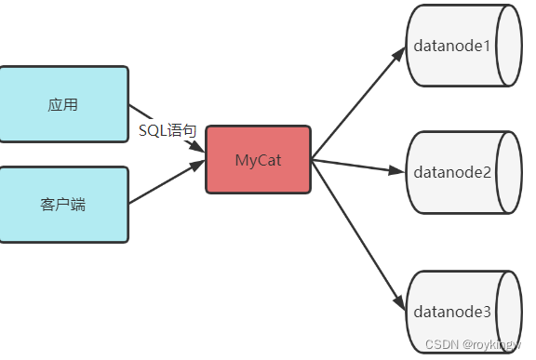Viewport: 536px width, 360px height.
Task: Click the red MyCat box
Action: coord(258,160)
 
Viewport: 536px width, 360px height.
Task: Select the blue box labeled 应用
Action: coord(63,104)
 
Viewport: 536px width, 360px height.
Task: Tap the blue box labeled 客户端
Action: coord(63,205)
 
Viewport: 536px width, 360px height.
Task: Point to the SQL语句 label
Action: coord(167,131)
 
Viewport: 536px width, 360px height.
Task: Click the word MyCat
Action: coord(258,160)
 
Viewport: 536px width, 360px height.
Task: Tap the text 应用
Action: coord(63,104)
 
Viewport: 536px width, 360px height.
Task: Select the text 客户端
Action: coord(63,205)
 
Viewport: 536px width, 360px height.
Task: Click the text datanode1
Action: coord(451,47)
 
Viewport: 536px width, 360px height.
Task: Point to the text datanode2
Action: coord(451,172)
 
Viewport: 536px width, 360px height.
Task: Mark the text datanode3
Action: coord(451,310)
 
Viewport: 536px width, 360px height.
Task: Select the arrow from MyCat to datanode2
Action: coord(358,166)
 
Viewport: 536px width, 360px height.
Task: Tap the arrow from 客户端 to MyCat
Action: coord(166,182)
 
